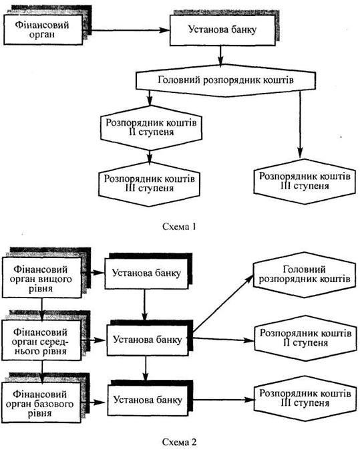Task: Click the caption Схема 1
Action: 179,227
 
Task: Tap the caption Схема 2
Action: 179,441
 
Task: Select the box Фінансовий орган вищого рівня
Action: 42,277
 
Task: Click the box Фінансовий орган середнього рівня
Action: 42,340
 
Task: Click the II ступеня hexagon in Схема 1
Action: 151,128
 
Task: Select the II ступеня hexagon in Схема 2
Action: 305,338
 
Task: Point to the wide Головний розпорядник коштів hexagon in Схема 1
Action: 226,80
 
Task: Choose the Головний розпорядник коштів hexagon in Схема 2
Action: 305,275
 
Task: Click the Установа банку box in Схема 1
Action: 222,30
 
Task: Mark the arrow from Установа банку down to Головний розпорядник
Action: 220,55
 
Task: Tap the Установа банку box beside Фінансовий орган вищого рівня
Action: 146,273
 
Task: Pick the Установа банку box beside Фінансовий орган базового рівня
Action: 148,400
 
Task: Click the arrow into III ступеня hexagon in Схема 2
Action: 224,400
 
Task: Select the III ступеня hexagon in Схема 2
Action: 305,399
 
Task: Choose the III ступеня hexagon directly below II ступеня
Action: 149,184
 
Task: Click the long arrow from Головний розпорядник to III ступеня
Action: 300,124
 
